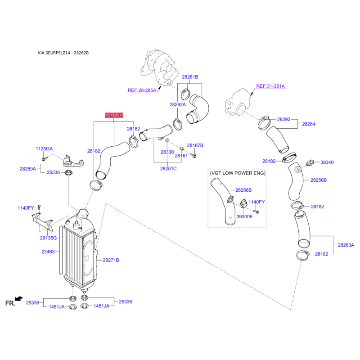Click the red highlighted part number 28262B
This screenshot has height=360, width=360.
click(114, 115)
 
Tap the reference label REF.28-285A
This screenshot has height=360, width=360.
click(142, 90)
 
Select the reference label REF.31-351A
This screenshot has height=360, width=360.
click(270, 86)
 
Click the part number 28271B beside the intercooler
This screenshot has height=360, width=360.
click(111, 260)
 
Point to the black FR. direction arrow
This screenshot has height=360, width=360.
click(18, 298)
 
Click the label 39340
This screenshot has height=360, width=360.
click(327, 162)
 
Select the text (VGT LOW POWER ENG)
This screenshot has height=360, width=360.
click(238, 173)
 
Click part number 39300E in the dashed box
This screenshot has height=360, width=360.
click(244, 216)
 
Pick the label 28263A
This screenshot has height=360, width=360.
click(346, 245)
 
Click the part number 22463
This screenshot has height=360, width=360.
click(48, 252)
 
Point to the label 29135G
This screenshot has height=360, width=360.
click(48, 238)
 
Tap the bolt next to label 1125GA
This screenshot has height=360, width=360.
click(44, 159)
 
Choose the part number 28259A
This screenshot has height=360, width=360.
click(28, 169)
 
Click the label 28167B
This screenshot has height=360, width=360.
click(195, 145)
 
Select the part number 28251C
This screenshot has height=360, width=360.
click(168, 168)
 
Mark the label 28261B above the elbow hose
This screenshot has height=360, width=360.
click(190, 77)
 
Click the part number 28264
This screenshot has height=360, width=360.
click(309, 124)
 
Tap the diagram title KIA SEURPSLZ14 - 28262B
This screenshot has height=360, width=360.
click(63, 53)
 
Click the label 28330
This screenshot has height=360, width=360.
click(167, 152)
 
